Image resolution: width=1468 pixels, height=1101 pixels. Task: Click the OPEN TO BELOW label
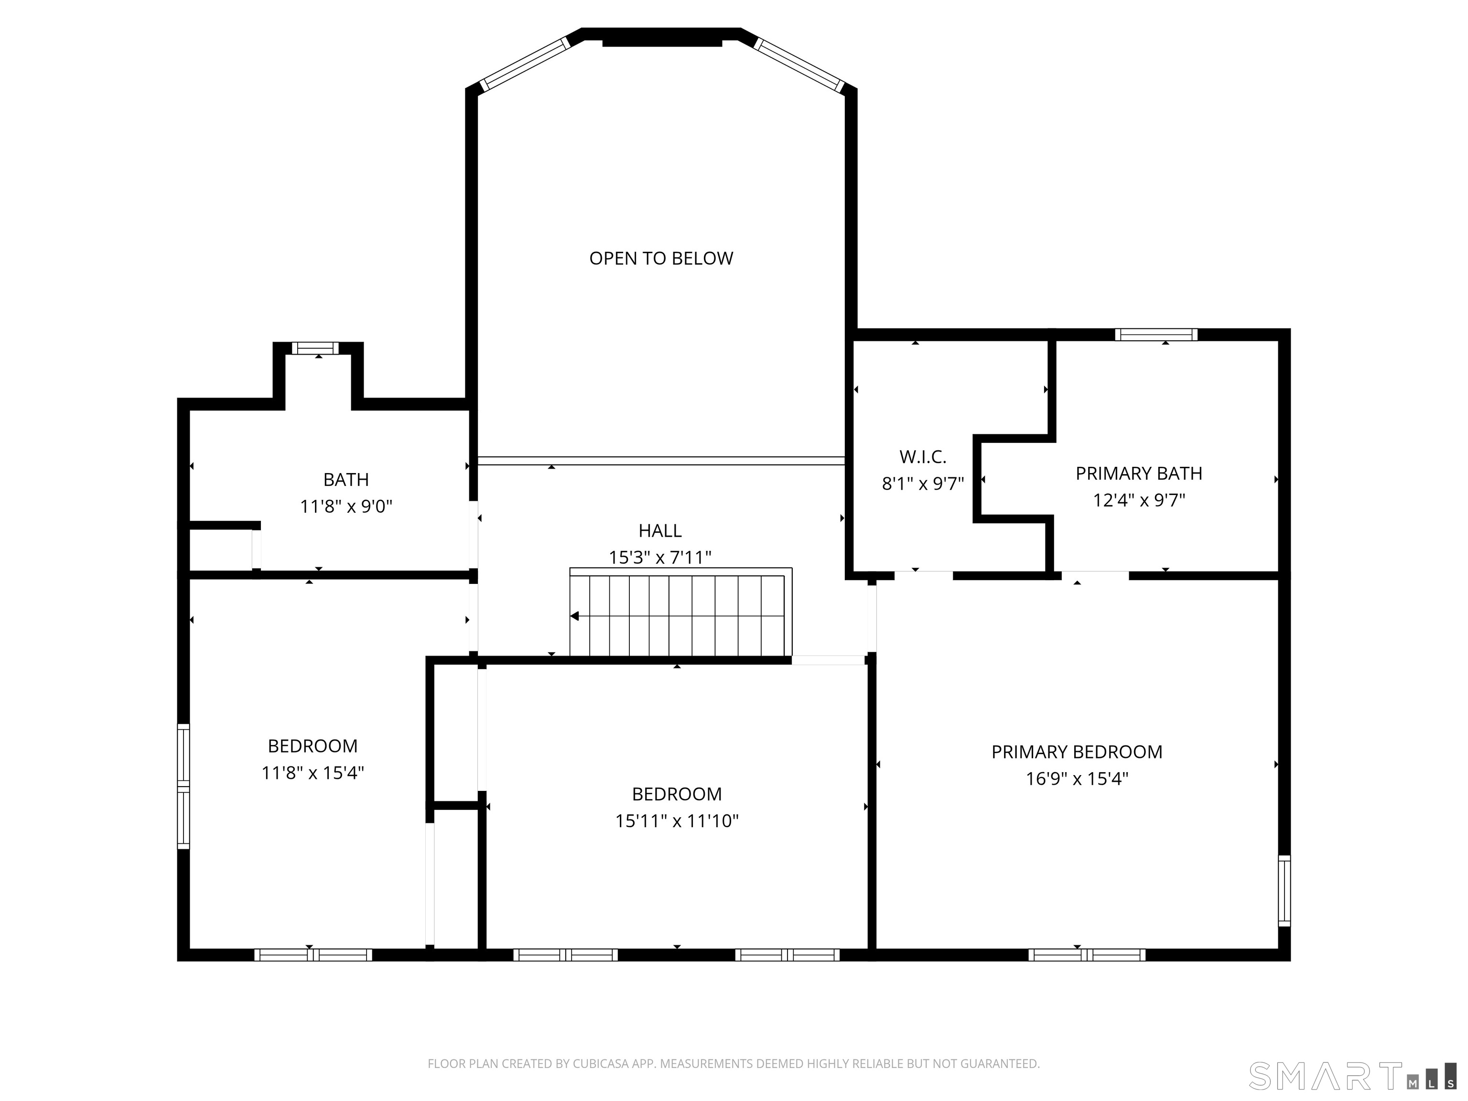point(661,258)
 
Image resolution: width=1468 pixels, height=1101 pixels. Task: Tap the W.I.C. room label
point(922,456)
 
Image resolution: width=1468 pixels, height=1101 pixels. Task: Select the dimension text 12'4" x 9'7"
point(1139,500)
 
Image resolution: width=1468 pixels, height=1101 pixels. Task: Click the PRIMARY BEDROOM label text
point(1077,752)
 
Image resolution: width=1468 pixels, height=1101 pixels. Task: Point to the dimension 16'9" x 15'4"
point(1077,778)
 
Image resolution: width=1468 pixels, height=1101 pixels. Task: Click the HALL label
point(659,530)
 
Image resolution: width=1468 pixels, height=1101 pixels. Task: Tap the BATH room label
point(346,479)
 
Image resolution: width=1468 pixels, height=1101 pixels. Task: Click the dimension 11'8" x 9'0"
point(346,507)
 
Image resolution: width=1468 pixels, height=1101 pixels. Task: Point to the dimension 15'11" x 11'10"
point(676,821)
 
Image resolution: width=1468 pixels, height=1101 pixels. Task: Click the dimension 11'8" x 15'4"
point(313,773)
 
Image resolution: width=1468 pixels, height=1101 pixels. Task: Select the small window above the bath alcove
point(315,348)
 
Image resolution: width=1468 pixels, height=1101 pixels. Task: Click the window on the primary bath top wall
point(1156,335)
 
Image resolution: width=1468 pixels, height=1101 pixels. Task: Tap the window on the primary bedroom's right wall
point(1284,891)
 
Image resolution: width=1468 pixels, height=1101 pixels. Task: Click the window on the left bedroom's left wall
point(183,787)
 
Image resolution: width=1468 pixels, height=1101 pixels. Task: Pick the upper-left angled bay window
point(524,64)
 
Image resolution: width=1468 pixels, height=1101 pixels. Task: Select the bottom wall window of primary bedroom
point(1086,955)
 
